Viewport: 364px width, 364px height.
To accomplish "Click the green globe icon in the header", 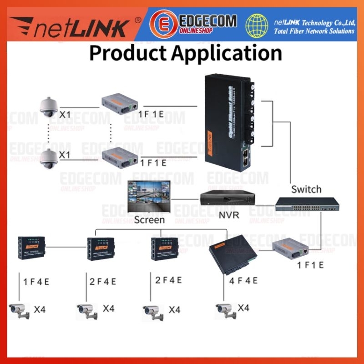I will click(258, 25).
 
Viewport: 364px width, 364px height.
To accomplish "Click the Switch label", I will click(306, 189).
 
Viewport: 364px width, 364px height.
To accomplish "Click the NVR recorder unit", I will click(226, 198).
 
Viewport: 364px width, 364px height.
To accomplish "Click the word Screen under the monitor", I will click(150, 220).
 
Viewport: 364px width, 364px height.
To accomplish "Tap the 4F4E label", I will click(243, 281).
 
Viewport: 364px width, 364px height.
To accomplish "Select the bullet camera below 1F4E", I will click(20, 311).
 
